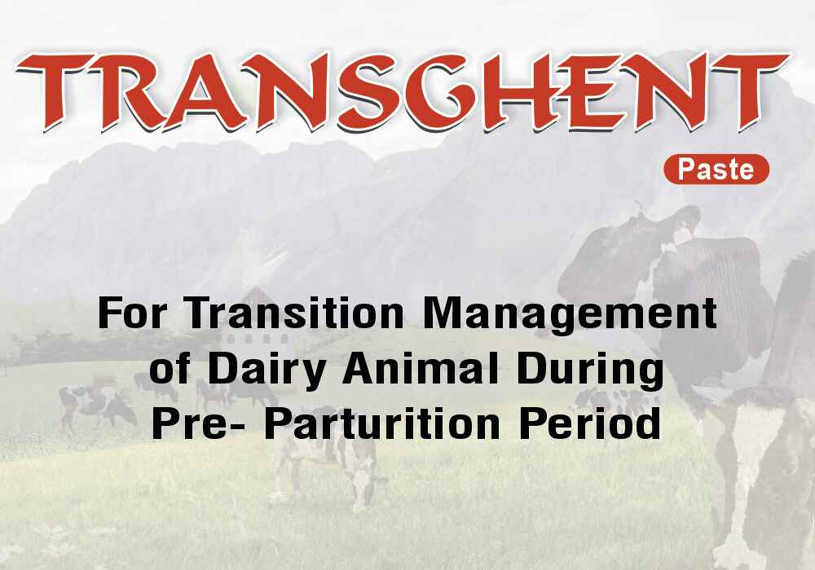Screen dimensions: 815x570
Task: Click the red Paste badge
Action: click(x=716, y=169)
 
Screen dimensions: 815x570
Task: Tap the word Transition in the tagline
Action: click(x=295, y=313)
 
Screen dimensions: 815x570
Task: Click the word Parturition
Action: click(x=381, y=423)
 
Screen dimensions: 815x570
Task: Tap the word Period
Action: click(x=590, y=423)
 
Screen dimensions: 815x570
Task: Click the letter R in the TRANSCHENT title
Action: click(x=130, y=92)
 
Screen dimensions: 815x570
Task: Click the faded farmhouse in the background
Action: click(x=254, y=317)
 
